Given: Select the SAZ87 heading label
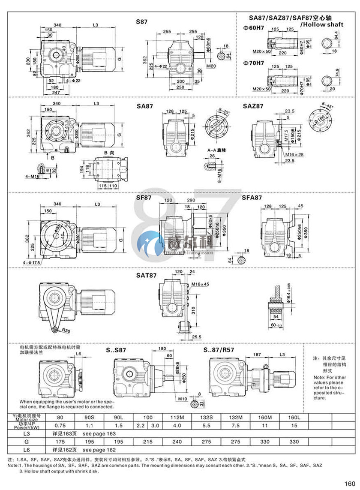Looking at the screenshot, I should tap(252, 105).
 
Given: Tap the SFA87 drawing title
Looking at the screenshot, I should tap(252, 198).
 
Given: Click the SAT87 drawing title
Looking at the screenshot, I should tap(147, 277).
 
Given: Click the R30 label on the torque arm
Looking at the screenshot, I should tap(66, 330).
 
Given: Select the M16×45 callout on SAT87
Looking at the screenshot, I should tap(200, 284).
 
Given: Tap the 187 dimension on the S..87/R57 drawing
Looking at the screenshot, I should tap(258, 355).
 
